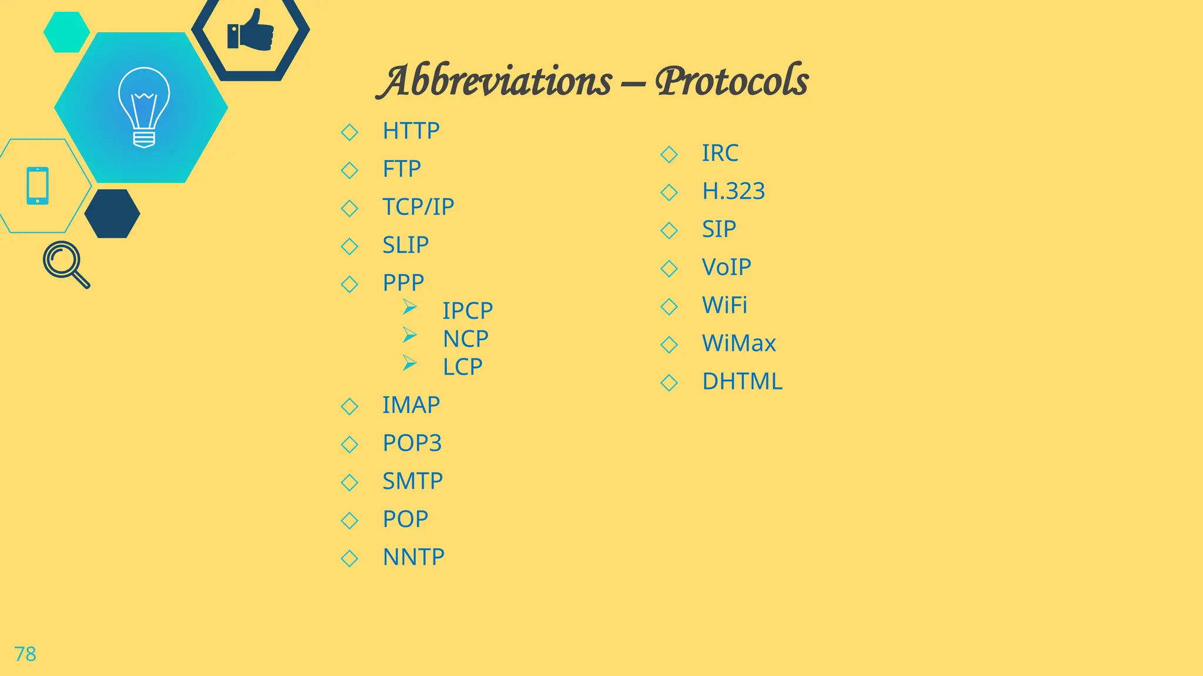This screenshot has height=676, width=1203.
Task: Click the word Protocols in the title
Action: (x=732, y=81)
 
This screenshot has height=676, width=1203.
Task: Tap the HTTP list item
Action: (x=411, y=131)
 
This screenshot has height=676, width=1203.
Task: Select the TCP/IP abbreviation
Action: (x=418, y=207)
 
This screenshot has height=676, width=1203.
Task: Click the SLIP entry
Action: (x=405, y=245)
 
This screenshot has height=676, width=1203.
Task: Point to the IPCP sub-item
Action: (x=468, y=310)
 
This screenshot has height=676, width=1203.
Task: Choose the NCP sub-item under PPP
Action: (x=465, y=339)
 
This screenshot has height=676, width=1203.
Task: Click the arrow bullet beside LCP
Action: (x=409, y=363)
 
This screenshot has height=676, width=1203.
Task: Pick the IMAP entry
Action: (x=411, y=405)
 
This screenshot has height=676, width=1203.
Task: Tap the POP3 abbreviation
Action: (x=412, y=444)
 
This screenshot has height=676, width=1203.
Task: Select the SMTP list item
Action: (x=412, y=482)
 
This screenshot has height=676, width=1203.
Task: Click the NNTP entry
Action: (x=414, y=557)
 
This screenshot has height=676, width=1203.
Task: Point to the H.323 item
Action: (x=733, y=191)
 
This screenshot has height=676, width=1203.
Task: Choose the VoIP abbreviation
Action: (x=726, y=268)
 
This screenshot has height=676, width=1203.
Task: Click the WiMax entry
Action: (x=738, y=344)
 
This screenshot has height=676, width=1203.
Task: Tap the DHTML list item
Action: (x=742, y=382)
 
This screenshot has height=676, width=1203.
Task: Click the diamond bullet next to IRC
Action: (x=669, y=154)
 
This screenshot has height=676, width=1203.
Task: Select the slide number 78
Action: (x=25, y=654)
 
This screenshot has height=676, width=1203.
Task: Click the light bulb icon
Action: (x=144, y=107)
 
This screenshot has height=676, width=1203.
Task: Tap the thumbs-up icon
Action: (x=251, y=31)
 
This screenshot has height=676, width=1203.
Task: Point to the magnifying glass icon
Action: (x=66, y=264)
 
